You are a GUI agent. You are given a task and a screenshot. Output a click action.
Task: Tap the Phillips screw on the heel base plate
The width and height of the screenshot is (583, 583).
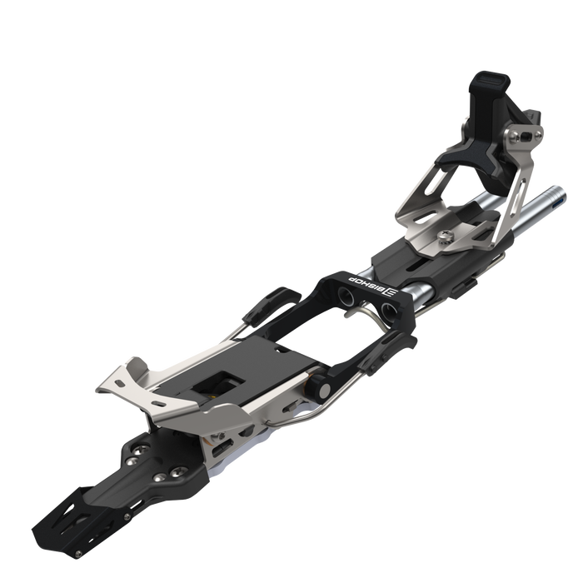[445, 235]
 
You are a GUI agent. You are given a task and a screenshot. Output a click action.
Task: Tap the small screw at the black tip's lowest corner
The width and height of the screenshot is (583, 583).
[77, 555]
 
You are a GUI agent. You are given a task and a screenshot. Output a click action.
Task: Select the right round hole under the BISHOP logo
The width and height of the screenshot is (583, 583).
[389, 309]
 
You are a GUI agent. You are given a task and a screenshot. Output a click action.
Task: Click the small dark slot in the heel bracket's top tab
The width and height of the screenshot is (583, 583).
[526, 137]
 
